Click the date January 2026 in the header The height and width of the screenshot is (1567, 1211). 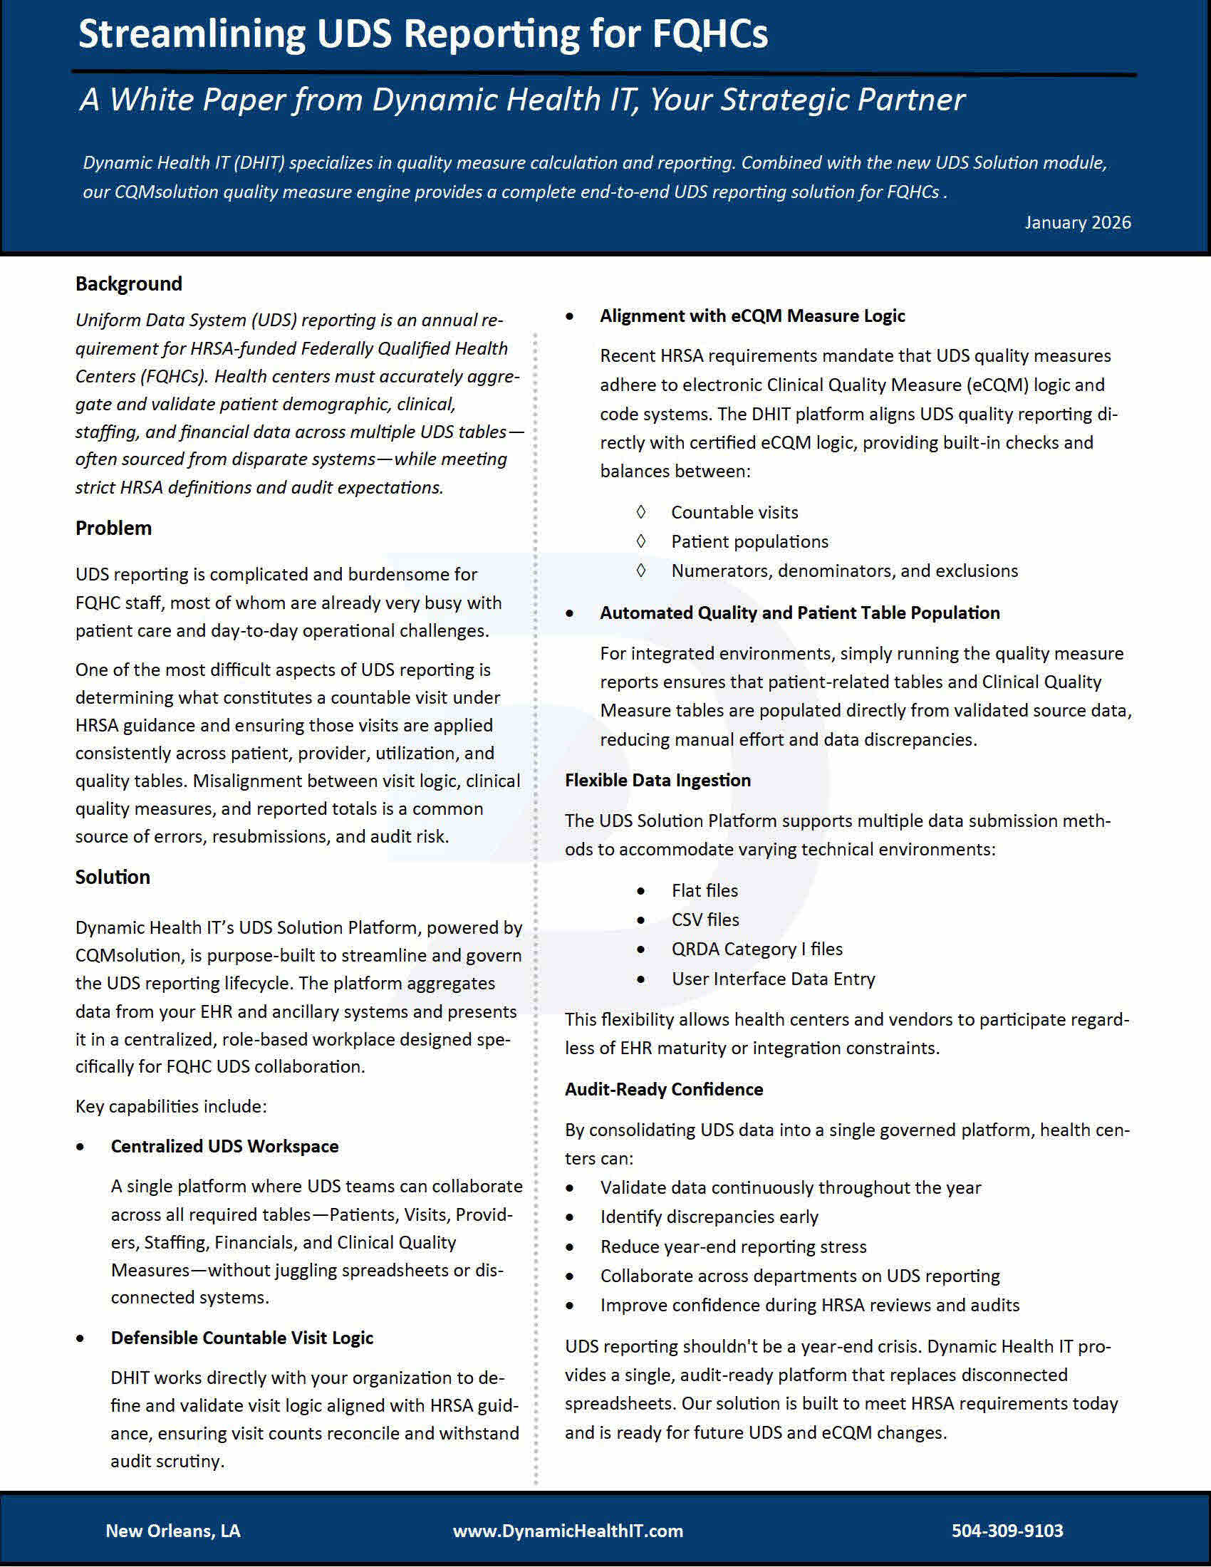coord(1078,222)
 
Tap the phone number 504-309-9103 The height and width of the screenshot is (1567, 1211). coord(1007,1531)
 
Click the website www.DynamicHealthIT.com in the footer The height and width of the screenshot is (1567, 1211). coord(568,1531)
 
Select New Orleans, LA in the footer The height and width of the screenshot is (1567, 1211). coord(173,1531)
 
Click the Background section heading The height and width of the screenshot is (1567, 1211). coord(129,283)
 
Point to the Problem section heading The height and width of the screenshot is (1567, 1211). coord(113,528)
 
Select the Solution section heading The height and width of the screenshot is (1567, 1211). coord(113,877)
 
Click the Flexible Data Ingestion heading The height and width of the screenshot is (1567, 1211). coord(658,780)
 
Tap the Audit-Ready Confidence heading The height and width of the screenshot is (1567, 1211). coord(664,1089)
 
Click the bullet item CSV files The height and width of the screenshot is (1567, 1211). coord(705,920)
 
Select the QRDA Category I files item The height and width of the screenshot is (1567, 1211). coord(756,949)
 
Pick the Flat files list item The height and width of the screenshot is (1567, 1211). coord(704,890)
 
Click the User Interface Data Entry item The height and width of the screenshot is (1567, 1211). coord(773,979)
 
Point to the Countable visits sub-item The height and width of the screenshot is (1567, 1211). coord(734,512)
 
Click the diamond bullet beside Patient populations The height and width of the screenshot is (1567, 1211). coord(640,541)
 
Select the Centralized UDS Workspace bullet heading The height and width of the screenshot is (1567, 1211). coord(224,1146)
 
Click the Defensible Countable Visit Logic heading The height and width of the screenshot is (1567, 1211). coord(241,1338)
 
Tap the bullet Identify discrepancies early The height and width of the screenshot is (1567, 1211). coord(709,1217)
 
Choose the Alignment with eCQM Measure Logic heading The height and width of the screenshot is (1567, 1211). coord(752,316)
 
